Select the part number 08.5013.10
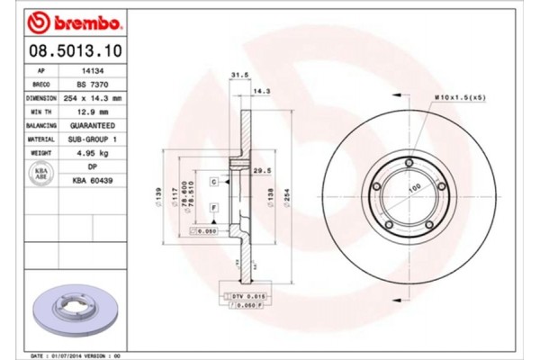pos(75,49)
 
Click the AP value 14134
pos(90,68)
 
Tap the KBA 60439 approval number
pos(90,180)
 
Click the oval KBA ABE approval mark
pos(41,173)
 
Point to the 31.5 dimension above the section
pos(239,76)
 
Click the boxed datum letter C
pos(214,182)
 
